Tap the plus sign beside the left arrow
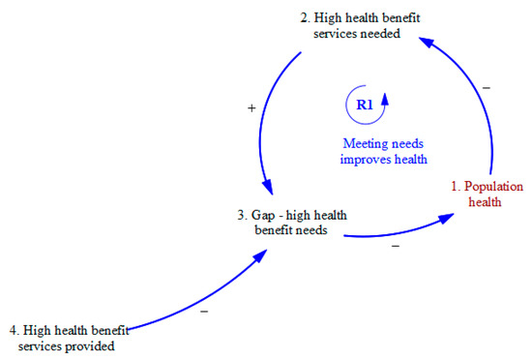[252, 109]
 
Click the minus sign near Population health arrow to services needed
[486, 87]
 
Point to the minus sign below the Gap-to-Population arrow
[395, 247]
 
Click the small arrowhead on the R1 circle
[386, 97]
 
